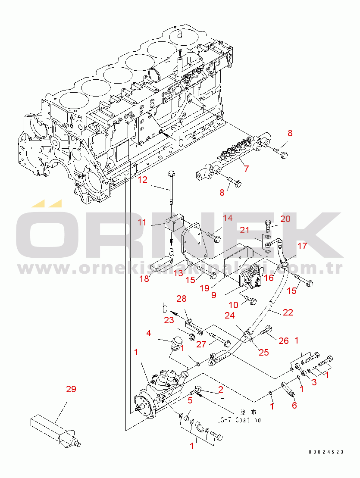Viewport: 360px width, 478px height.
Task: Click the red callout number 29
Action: pos(71,389)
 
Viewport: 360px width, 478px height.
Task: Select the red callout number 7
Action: pos(246,169)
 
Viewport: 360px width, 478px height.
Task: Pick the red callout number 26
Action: pos(283,341)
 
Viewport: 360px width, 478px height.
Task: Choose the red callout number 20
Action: pos(285,219)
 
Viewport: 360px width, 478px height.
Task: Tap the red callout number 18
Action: pos(156,279)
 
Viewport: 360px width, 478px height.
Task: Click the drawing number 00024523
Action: pos(326,452)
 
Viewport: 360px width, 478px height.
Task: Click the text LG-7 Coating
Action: pos(239,419)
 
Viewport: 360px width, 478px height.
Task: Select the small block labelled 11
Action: pos(173,223)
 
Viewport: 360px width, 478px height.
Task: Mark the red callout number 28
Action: pos(181,299)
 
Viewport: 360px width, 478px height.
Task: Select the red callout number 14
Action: pos(227,219)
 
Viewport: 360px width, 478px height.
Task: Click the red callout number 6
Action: pos(294,405)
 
